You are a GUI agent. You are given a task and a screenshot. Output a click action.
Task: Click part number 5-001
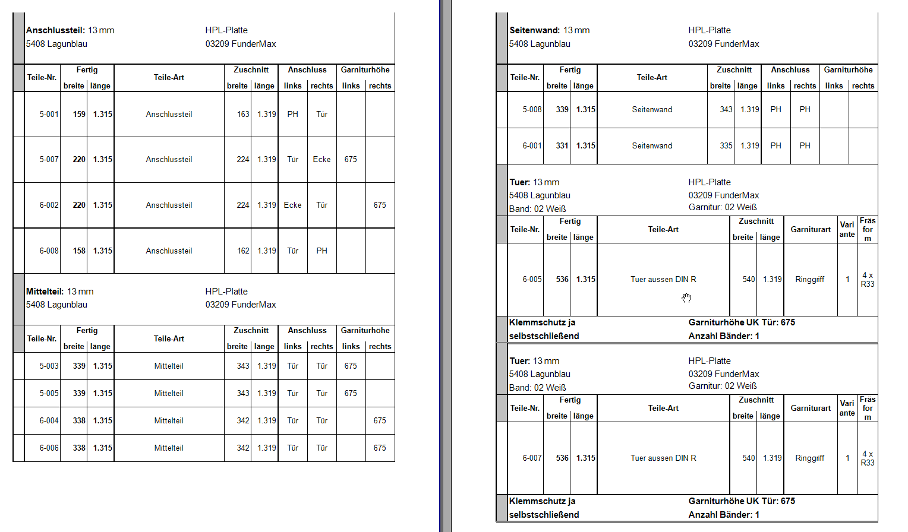tap(49, 114)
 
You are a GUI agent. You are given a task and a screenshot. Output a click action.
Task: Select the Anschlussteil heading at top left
tap(55, 30)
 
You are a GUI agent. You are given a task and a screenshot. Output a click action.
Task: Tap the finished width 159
tap(79, 114)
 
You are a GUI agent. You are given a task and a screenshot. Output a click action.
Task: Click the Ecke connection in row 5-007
tap(321, 159)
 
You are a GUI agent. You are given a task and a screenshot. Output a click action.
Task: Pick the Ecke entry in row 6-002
tap(292, 205)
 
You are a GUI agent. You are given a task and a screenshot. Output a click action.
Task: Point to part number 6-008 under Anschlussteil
tap(49, 251)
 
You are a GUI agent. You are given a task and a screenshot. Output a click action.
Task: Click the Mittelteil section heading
tap(45, 292)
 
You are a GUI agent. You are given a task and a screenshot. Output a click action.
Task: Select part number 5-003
tap(49, 366)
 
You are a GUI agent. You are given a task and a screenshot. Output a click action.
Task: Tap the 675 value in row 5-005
tap(351, 393)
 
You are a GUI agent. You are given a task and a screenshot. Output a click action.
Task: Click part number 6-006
tap(49, 448)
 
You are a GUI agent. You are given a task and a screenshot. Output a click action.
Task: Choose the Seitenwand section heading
tap(534, 30)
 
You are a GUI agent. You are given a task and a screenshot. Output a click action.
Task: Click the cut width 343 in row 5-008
tap(726, 109)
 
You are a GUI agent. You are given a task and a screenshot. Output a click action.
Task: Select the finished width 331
tap(562, 145)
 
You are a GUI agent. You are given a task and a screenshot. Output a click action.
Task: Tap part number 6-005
tap(532, 279)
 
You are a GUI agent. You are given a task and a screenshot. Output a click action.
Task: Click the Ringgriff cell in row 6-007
tap(809, 458)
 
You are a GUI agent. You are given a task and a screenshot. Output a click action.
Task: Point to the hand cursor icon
tap(686, 297)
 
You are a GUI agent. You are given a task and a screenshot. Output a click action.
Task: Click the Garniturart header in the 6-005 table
tap(811, 229)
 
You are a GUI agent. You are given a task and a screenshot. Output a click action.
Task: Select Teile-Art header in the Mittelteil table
tap(169, 338)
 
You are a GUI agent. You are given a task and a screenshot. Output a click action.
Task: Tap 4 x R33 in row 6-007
tap(868, 458)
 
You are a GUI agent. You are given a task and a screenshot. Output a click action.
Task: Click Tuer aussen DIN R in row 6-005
tap(663, 279)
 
